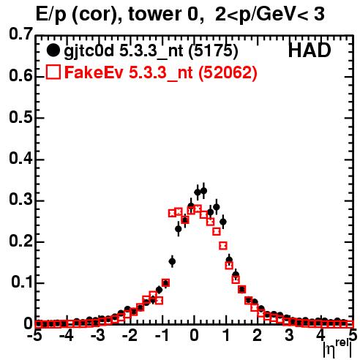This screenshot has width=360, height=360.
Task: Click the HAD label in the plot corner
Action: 310,50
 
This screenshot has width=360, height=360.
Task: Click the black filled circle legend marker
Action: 53,50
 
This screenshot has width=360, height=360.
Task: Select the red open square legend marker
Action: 53,72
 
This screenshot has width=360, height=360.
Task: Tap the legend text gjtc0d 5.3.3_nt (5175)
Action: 151,51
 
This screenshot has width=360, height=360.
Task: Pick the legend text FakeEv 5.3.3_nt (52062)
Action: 161,72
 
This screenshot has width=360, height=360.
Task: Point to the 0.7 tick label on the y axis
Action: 21,34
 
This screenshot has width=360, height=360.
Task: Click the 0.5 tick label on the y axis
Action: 21,117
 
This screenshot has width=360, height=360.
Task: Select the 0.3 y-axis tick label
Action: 21,200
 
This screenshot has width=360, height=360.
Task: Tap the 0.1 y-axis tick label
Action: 22,282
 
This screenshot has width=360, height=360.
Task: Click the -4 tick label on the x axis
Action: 67,336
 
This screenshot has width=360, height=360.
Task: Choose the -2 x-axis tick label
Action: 130,336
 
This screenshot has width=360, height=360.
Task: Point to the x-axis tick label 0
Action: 194,336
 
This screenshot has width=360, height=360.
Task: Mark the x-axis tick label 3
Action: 289,336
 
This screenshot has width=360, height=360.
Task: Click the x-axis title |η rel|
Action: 337,348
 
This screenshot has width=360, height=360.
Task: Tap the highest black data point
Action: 203,191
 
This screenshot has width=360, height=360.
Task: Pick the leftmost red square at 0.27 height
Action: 172,213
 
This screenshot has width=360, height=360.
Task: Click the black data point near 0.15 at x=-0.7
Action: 172,261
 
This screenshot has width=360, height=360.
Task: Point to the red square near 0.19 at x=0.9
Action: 223,246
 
